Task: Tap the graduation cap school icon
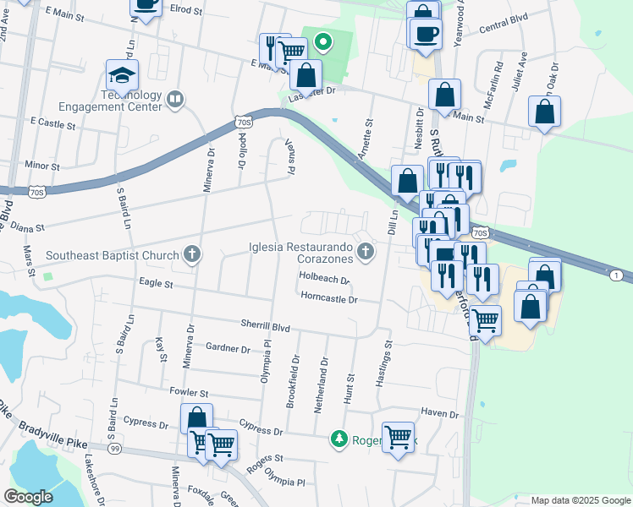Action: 123,75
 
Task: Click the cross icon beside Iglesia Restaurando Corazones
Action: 365,250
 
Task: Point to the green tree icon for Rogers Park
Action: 339,439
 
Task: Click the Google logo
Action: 30,497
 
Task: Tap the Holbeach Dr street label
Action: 324,279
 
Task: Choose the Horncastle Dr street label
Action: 329,298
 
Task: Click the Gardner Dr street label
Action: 228,348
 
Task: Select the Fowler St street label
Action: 189,393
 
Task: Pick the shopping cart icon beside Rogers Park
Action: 398,437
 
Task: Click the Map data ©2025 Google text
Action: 580,500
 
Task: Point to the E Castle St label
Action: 52,123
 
